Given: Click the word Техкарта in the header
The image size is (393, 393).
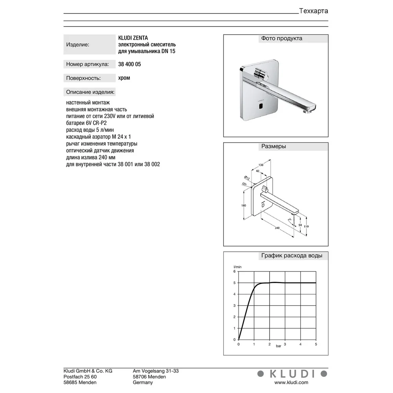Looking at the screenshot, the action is point(314,11).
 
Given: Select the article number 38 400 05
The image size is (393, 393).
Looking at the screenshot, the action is point(129,64).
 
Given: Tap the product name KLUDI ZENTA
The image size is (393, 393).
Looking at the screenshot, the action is point(133,38).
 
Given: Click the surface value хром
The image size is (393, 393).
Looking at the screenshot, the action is point(124,78).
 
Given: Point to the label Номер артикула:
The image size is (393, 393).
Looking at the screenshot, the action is point(88,64).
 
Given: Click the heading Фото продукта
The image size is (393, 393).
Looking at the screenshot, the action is point(281,39).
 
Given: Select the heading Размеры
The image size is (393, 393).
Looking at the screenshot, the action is point(274,146).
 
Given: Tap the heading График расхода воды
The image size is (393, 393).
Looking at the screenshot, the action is point(292,256).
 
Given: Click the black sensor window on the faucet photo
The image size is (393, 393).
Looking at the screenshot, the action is point(261,106).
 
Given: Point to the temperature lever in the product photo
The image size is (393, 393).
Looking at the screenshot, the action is point(261,73).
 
